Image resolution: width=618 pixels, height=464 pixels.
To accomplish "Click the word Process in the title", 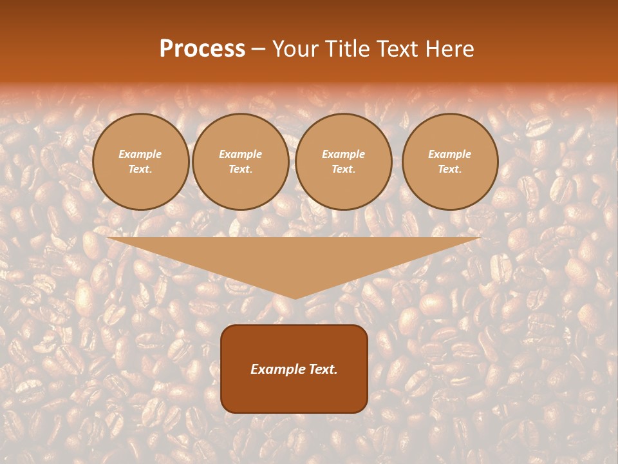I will (202, 49).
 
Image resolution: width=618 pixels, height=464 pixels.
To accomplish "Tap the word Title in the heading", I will (346, 49).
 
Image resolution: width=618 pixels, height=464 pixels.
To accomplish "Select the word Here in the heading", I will (449, 49).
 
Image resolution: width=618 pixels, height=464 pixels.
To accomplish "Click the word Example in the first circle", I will (140, 154).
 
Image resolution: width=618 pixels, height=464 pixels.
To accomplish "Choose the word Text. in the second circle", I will (241, 169).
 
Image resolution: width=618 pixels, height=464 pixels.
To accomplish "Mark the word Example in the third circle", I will (344, 154).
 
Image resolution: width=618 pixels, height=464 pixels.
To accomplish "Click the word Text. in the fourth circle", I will (450, 169).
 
